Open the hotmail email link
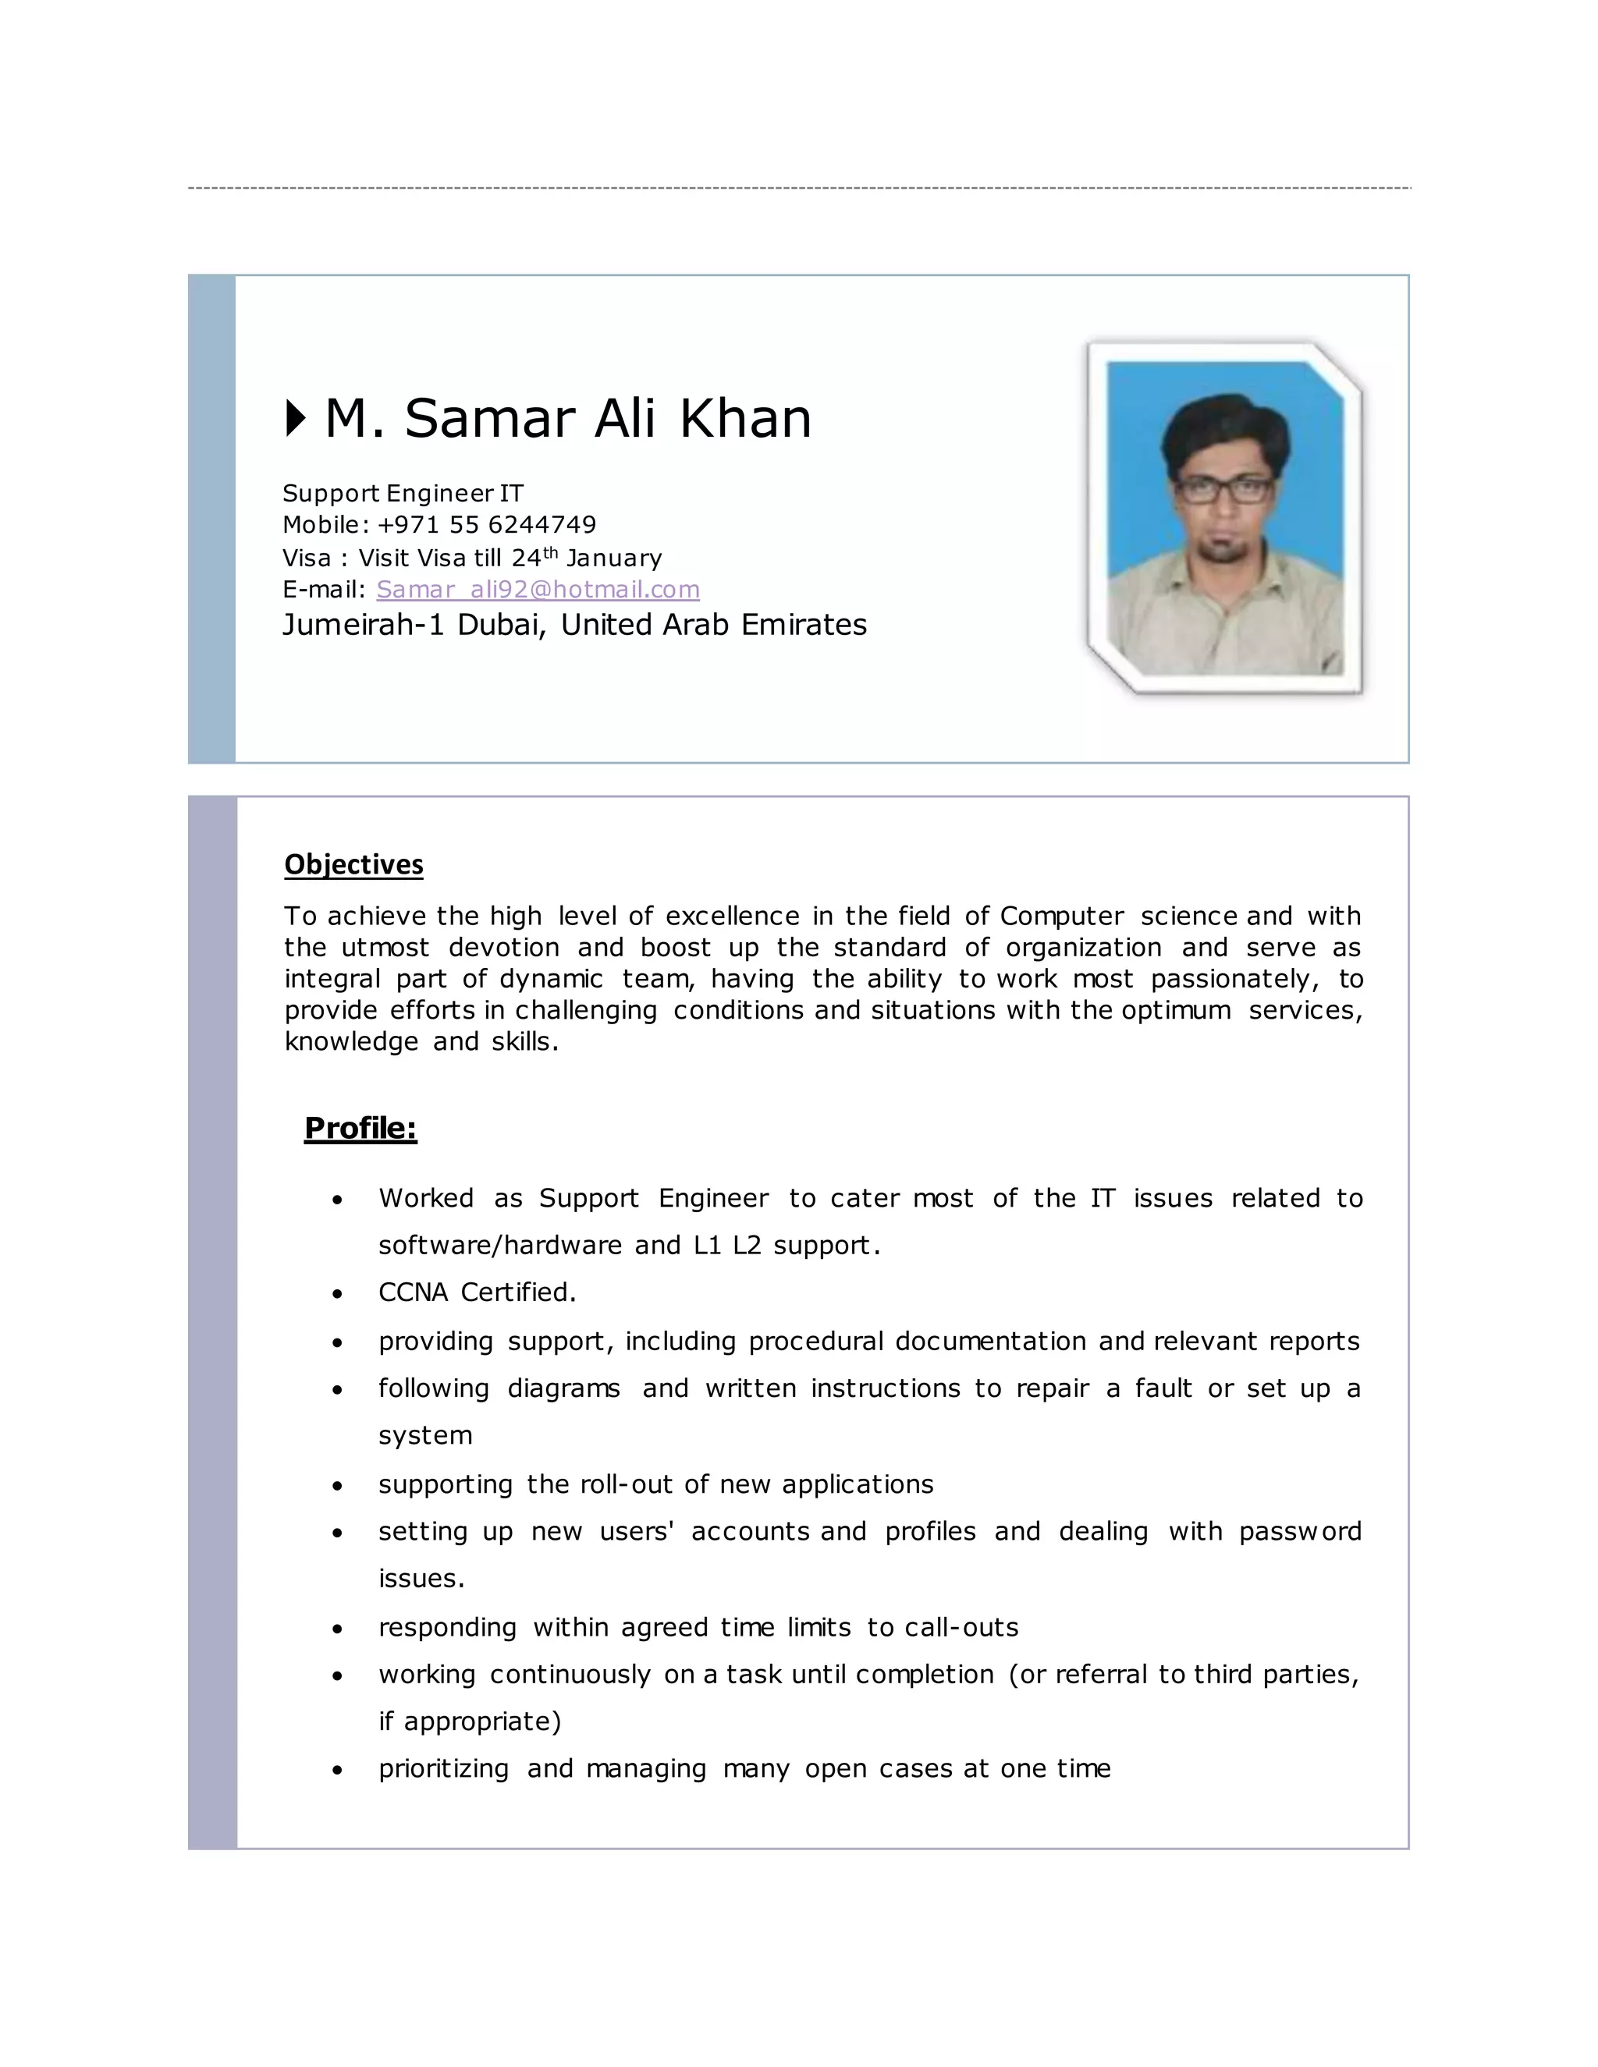[x=538, y=590]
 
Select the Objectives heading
[x=353, y=864]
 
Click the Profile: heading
[x=360, y=1127]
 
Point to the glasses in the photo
[x=1224, y=489]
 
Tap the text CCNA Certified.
[x=477, y=1292]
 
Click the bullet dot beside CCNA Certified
[x=337, y=1295]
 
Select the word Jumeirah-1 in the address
[x=363, y=625]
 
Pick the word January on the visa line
[x=613, y=558]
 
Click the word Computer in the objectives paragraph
[x=1061, y=916]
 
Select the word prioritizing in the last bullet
[x=443, y=1769]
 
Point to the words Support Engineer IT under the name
[x=403, y=493]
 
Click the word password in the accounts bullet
[x=1300, y=1531]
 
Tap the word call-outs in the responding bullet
[x=961, y=1627]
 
